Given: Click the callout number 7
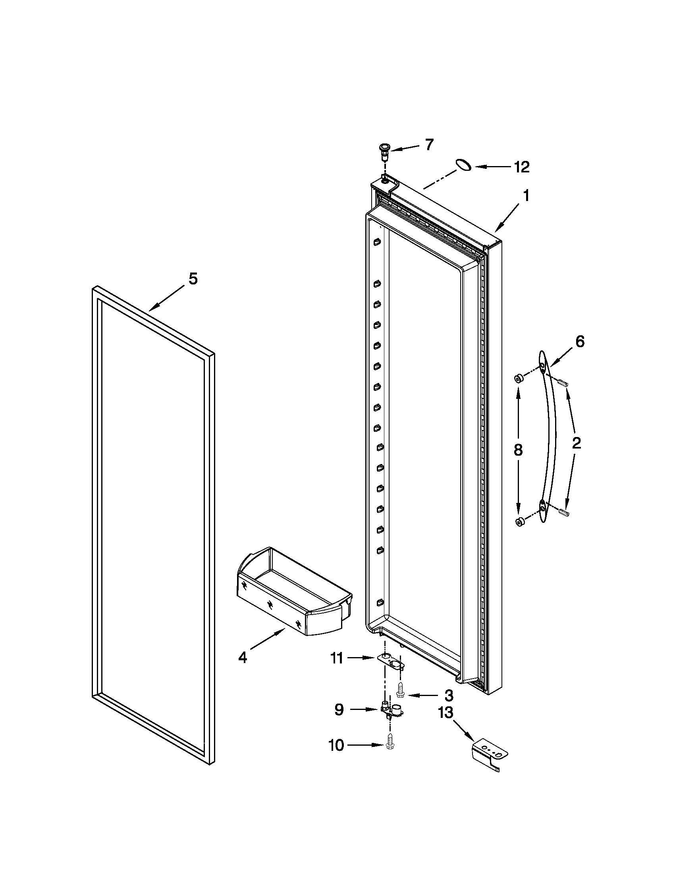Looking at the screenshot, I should (x=429, y=145).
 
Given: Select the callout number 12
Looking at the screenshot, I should (x=522, y=167).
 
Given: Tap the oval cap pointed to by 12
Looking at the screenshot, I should (x=463, y=164).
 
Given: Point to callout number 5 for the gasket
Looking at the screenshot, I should (x=193, y=278).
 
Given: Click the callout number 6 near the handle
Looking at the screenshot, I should (x=580, y=341).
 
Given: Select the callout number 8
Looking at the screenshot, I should (x=518, y=450).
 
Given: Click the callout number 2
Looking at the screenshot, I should (x=576, y=443).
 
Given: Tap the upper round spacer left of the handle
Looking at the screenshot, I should (x=518, y=378).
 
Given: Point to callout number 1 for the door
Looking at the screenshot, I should (x=526, y=196).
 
